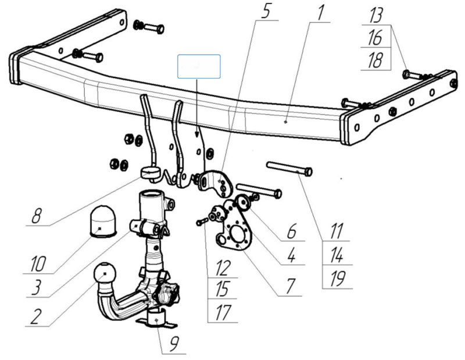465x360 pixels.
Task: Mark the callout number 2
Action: tap(37, 316)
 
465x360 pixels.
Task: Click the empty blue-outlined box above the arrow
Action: tap(199, 66)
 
